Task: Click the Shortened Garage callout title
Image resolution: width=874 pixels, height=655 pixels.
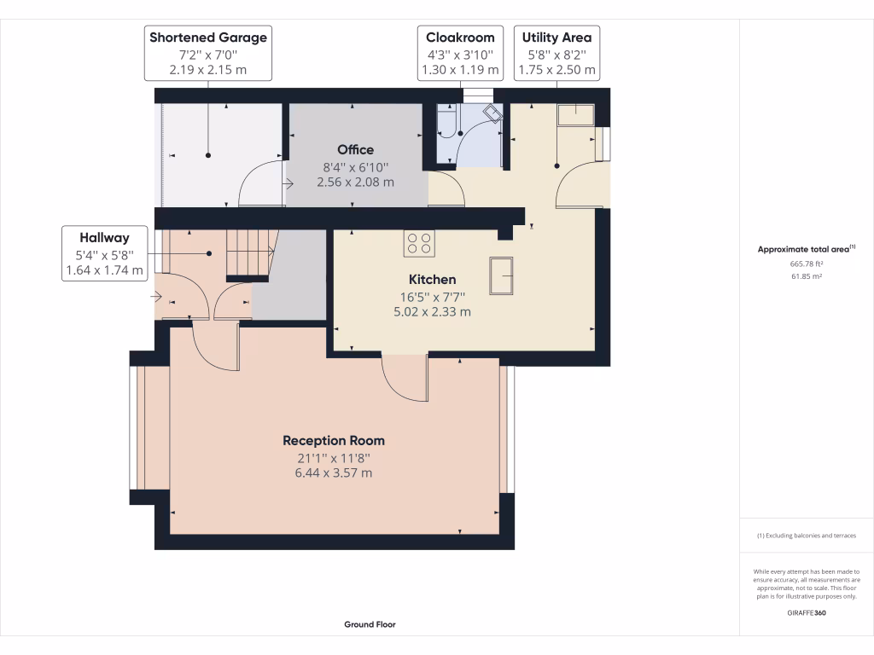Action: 208,38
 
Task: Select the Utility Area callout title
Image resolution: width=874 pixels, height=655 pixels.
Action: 556,38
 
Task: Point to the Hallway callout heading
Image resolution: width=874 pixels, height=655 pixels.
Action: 104,238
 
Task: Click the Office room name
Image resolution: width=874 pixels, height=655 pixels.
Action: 355,150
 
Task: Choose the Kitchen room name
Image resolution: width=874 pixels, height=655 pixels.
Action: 432,280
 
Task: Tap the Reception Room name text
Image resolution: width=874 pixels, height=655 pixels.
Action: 334,441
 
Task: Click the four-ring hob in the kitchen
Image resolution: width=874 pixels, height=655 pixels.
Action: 419,243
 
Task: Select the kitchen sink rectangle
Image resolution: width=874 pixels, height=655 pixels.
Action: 500,275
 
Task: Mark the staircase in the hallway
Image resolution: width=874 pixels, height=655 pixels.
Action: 248,253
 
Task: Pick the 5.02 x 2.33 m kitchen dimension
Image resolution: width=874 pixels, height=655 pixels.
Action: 432,312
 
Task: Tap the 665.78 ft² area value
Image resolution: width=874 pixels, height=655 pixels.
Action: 806,264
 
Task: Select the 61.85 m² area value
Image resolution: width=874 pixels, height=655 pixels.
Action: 806,276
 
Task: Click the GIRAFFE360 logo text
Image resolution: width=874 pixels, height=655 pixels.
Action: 806,612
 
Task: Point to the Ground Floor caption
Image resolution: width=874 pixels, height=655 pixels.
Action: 370,624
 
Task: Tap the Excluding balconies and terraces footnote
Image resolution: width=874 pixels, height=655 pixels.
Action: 806,536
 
